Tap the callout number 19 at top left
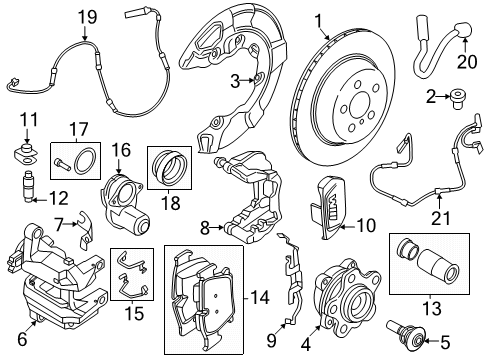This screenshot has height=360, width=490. (x=87, y=15)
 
